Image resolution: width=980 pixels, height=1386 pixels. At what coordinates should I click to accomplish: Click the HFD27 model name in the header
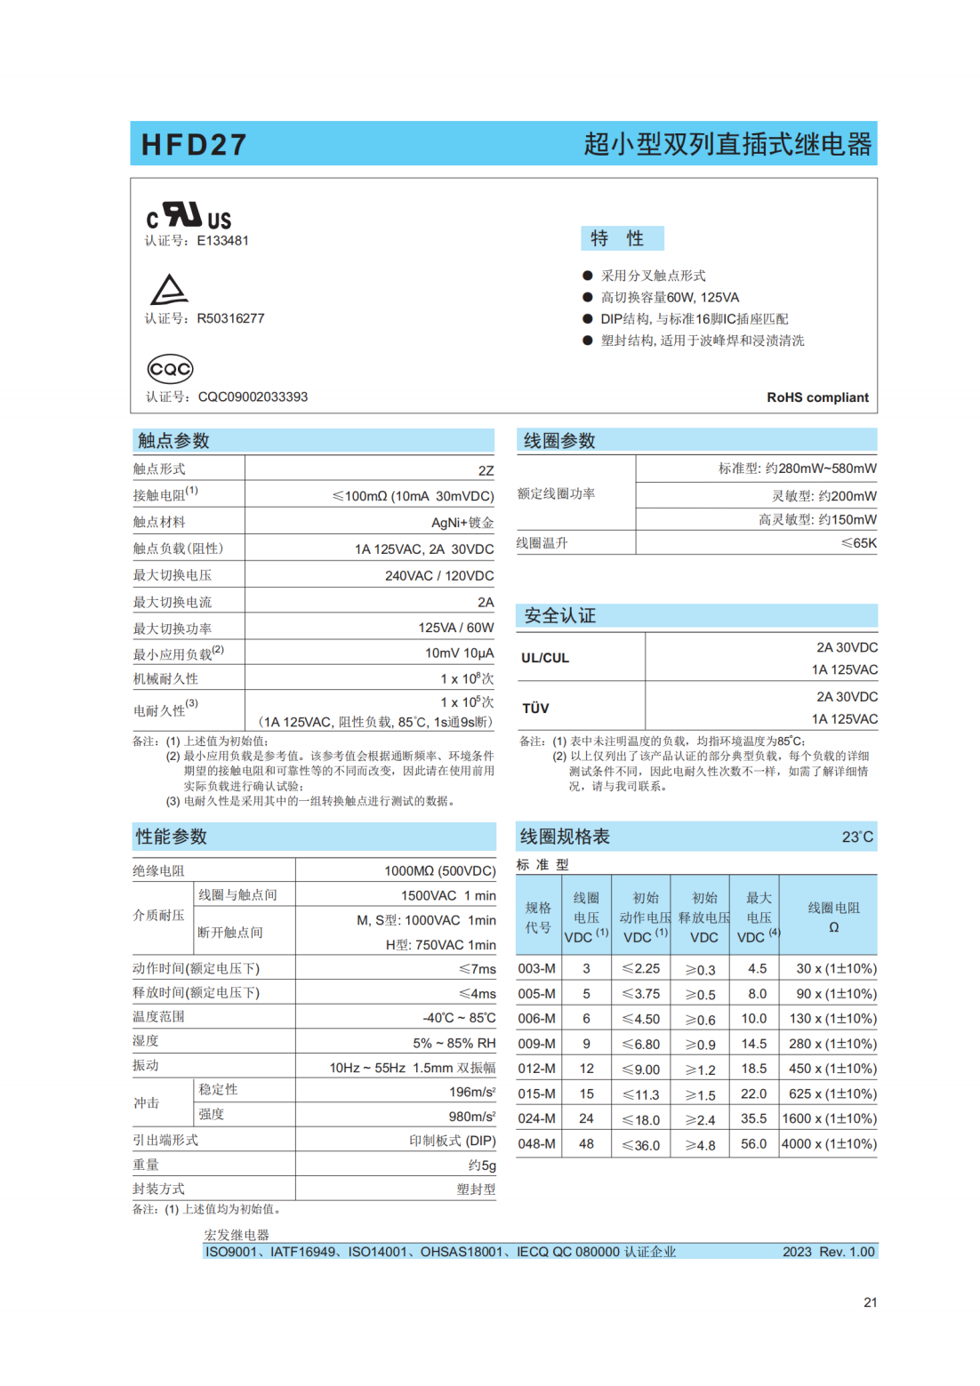point(194,145)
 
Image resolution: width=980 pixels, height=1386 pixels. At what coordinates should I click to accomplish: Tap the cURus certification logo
point(189,216)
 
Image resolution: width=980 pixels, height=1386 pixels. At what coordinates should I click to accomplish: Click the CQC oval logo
point(170,369)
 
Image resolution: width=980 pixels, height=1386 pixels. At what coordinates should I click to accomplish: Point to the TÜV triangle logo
point(169,290)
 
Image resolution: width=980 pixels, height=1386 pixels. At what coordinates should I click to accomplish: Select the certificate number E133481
point(222,241)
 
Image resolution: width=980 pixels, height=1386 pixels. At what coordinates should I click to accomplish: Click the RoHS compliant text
point(817,397)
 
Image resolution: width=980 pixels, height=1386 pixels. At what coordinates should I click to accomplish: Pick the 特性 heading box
point(622,238)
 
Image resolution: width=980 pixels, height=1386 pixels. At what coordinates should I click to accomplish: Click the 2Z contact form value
point(486,471)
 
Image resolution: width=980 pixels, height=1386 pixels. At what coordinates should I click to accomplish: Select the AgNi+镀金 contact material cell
point(462,523)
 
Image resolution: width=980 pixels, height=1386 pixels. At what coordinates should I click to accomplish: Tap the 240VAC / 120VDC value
point(439,576)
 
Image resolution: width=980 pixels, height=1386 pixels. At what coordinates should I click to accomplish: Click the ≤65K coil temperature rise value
point(858,543)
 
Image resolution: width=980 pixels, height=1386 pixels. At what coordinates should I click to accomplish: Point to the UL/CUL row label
point(545,658)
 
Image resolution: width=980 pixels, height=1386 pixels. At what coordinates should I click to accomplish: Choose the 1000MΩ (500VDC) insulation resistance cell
point(439,871)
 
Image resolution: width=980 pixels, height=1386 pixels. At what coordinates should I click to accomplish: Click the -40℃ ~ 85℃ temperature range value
point(459,1018)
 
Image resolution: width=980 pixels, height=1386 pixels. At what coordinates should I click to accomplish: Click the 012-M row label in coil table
point(537,1069)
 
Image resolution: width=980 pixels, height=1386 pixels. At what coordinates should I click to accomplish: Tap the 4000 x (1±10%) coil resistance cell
point(829,1144)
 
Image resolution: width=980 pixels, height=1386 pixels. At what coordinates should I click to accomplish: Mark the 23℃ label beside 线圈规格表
point(857,837)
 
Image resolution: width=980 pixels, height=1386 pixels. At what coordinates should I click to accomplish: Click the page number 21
point(870,1302)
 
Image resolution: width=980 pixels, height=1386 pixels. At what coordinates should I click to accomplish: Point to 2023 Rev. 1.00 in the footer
point(828,1252)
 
